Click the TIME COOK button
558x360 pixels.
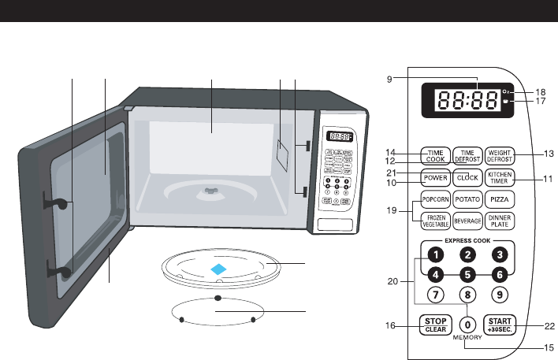pyautogui.click(x=435, y=154)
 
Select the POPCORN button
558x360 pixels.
pyautogui.click(x=435, y=200)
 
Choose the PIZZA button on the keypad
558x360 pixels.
pyautogui.click(x=500, y=200)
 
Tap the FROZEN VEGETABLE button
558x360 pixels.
pyautogui.click(x=435, y=221)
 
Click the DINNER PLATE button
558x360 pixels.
pyautogui.click(x=500, y=221)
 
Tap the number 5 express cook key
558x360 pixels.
pyautogui.click(x=467, y=275)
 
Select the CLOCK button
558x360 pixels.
pyautogui.click(x=467, y=177)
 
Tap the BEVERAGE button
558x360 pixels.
pyautogui.click(x=467, y=221)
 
